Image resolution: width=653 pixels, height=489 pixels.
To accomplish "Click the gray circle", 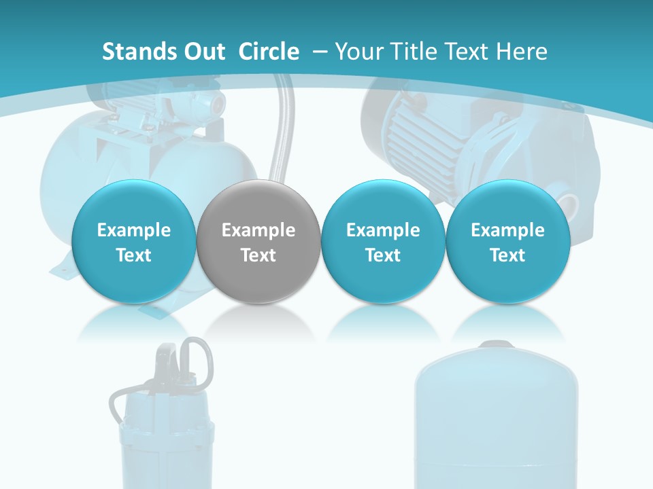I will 258,242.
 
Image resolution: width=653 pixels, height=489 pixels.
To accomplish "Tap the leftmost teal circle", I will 134,242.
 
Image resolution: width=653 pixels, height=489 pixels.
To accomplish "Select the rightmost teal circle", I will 507,242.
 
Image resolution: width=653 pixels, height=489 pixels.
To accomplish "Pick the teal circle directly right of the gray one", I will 383,242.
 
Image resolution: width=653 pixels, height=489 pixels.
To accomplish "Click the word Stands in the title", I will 138,52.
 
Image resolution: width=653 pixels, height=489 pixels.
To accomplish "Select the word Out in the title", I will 203,52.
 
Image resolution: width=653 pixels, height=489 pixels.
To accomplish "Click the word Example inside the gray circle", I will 258,230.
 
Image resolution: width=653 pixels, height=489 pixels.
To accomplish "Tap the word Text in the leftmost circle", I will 134,255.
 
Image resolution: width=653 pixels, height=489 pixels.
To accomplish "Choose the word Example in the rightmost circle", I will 507,230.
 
